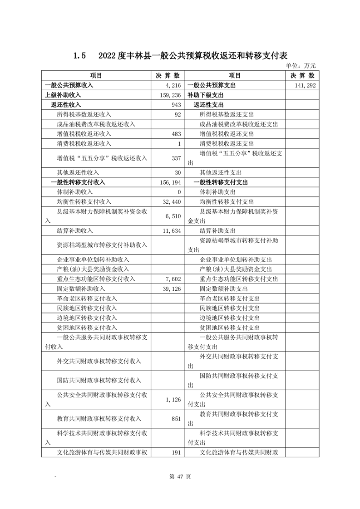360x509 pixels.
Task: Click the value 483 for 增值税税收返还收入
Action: [177, 134]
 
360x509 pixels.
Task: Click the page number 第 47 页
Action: [180, 476]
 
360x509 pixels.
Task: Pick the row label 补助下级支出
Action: [205, 95]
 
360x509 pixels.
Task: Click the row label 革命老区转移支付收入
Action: [87, 299]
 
